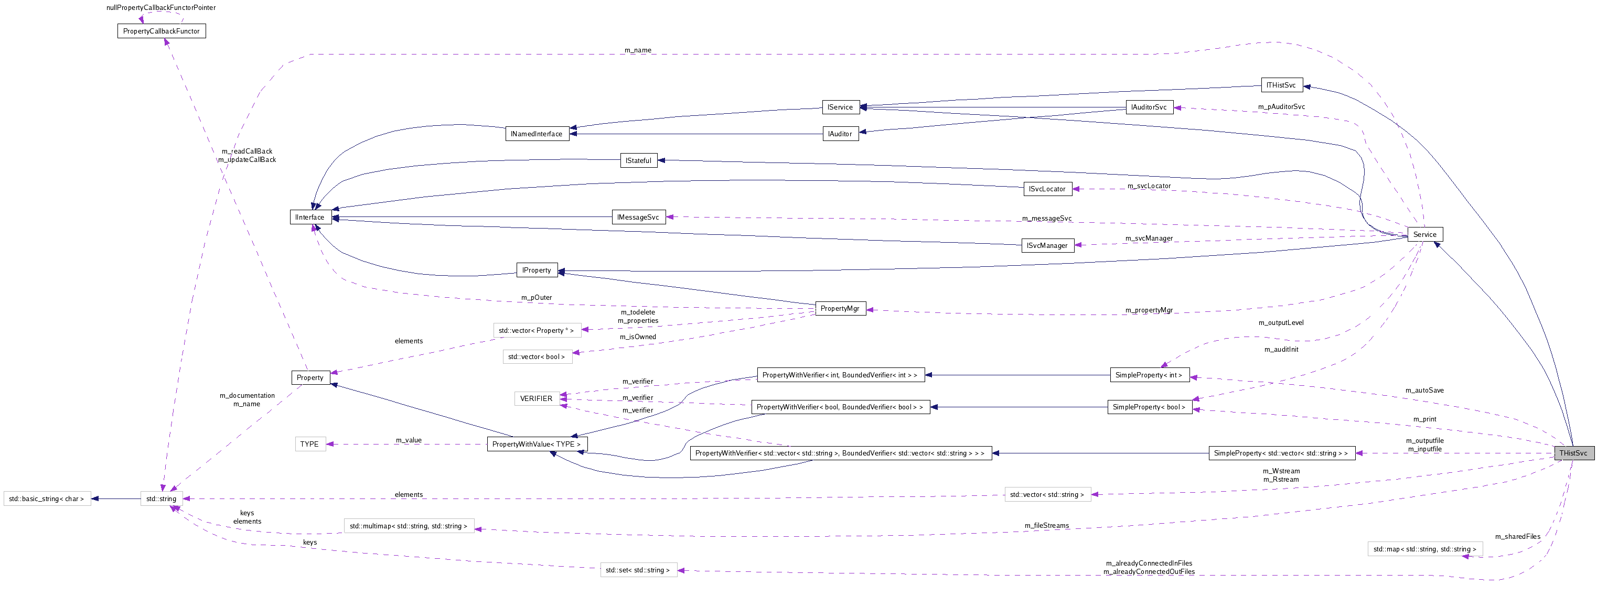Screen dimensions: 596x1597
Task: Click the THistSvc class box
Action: pos(1573,453)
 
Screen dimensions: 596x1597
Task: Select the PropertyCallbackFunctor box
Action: pos(161,31)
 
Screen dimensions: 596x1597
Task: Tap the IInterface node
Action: pos(310,218)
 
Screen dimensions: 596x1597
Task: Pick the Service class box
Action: pos(1424,234)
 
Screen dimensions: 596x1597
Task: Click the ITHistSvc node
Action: pos(1281,85)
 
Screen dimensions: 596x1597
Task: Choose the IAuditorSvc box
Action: pos(1148,107)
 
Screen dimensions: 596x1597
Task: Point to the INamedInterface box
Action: pos(536,134)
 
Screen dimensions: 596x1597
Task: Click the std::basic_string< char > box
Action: pos(47,499)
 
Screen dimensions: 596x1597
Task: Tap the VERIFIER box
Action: pos(535,398)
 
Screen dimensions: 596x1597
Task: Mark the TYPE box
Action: pos(309,444)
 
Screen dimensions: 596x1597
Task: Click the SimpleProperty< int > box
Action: pos(1149,375)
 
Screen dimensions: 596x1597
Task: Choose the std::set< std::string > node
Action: pos(638,570)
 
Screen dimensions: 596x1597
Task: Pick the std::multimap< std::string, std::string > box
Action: pos(409,526)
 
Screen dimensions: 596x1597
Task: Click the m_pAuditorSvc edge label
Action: pos(1281,106)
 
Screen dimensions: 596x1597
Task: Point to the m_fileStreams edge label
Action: pos(1046,525)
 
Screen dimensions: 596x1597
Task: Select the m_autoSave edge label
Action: pos(1424,391)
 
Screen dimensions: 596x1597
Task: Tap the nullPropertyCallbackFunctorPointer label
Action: pos(161,7)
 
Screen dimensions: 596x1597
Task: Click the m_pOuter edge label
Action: pos(536,297)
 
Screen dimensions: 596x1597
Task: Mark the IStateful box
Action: pos(638,160)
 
